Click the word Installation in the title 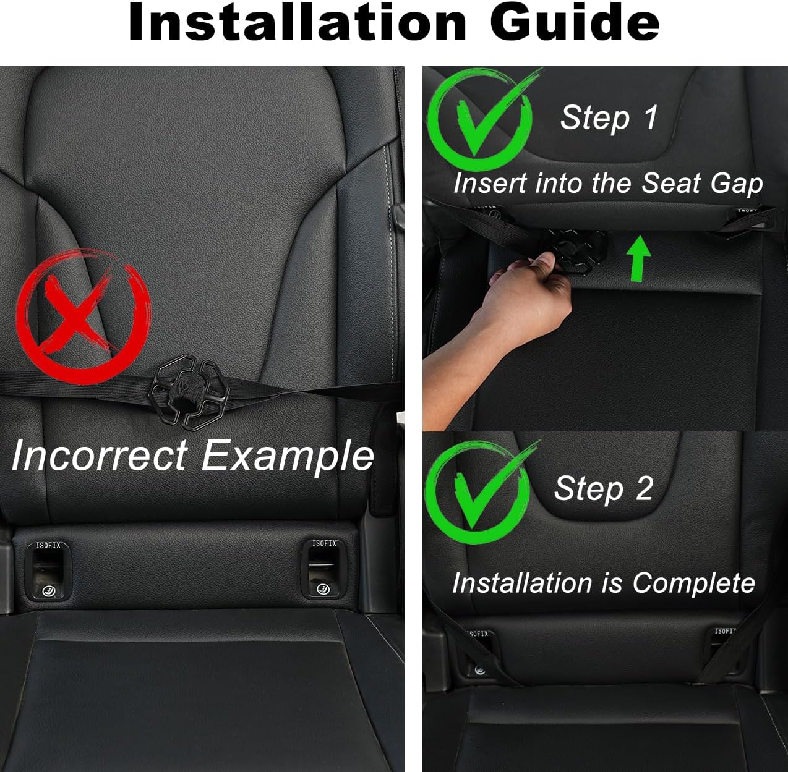pos(297,22)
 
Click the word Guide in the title pos(575,22)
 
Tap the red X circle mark pos(84,315)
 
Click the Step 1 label pos(609,117)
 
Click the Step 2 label pos(603,488)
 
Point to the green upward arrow pos(639,260)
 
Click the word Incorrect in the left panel pos(99,456)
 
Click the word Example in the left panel pos(288,456)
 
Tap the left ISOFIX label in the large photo pos(48,545)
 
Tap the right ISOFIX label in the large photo pos(324,543)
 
